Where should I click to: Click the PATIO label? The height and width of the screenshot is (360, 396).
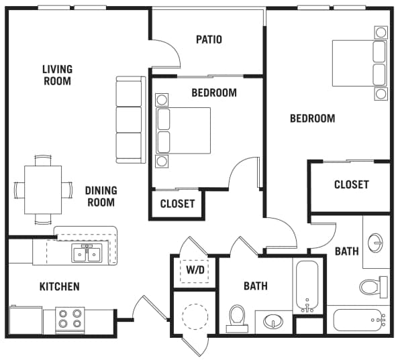(209, 40)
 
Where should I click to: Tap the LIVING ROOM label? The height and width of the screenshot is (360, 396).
(57, 75)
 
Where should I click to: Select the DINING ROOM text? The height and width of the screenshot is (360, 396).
(101, 196)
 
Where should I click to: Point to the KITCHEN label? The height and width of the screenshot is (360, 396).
(60, 286)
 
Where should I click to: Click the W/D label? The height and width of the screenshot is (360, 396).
(195, 270)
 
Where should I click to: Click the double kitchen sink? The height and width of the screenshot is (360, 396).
(87, 253)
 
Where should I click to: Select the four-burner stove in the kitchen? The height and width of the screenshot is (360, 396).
(70, 319)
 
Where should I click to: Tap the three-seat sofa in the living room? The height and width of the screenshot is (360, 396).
(131, 119)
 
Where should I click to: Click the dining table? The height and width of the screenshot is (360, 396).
(43, 190)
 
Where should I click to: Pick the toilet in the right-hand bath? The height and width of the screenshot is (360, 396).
(373, 287)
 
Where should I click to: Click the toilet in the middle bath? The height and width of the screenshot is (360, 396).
(237, 318)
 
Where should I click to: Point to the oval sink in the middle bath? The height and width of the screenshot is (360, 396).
(273, 321)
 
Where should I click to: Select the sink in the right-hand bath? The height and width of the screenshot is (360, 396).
(375, 243)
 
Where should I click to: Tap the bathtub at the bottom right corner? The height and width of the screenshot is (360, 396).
(359, 320)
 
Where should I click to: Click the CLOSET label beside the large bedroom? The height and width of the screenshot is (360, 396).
(352, 184)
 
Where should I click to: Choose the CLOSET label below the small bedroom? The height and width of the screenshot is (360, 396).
(177, 204)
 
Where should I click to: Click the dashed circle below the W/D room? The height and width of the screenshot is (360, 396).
(195, 316)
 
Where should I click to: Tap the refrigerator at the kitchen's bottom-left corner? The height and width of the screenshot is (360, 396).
(26, 320)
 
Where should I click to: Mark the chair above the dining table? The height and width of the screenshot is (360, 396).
(43, 160)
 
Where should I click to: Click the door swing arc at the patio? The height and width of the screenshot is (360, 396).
(170, 49)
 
